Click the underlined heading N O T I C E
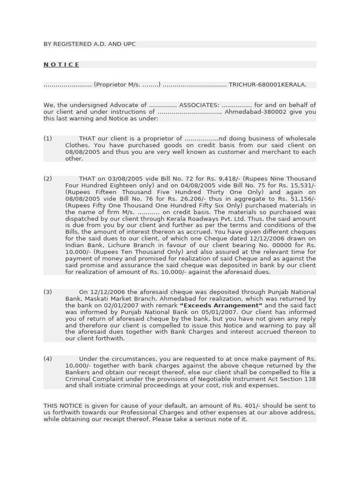[61, 65]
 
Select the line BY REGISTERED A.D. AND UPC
[90, 44]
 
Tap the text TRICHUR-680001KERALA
[267, 85]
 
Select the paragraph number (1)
[48, 139]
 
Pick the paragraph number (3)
[48, 292]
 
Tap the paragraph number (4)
[48, 359]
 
